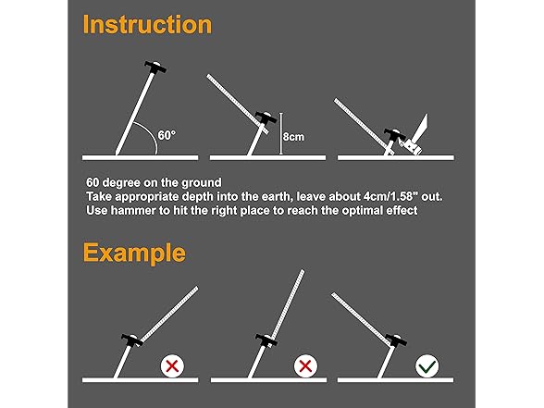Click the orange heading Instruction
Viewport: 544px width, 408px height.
click(147, 24)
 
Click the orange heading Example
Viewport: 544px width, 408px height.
click(134, 253)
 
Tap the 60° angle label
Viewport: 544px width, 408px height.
click(167, 135)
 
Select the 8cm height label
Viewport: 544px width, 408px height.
click(293, 137)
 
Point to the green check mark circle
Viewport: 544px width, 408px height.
click(427, 366)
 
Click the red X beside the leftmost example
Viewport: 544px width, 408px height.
click(172, 366)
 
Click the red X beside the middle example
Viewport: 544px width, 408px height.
click(305, 366)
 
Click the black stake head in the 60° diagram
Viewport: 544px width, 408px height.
click(155, 67)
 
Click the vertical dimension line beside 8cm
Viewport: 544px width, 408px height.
click(281, 133)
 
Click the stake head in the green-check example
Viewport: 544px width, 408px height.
click(396, 340)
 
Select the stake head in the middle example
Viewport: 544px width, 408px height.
click(266, 340)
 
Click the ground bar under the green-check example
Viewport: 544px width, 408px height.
click(395, 380)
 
